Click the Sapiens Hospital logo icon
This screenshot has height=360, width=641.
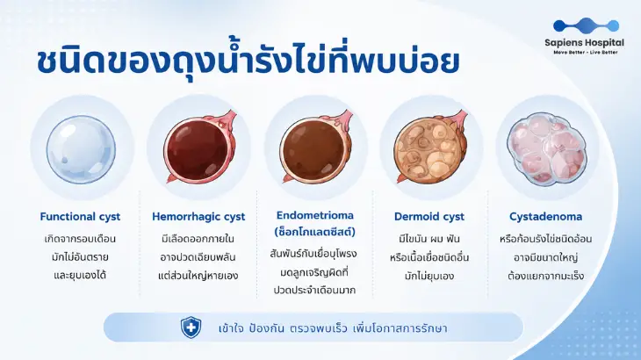point(586,25)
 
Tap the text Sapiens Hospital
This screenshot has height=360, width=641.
point(584,42)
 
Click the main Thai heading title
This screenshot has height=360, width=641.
point(248,61)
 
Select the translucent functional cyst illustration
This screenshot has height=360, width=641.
point(81,149)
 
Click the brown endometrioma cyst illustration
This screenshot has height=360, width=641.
point(315,149)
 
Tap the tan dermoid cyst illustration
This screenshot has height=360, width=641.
point(431,149)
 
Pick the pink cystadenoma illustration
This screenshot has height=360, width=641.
point(546,148)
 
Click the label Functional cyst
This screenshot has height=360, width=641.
point(80,217)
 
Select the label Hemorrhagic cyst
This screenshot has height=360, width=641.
point(198,217)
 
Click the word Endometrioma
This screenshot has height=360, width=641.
point(314,215)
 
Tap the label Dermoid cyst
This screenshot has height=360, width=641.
point(429,217)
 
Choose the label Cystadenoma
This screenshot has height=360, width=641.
point(546,217)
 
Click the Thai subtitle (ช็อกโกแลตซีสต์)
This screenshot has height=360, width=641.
point(314,232)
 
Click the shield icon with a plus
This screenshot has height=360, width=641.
point(191,328)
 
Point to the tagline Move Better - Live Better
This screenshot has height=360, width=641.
point(586,53)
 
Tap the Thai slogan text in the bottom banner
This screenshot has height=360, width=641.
point(333,328)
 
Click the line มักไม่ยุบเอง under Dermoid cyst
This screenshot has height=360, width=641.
point(429,276)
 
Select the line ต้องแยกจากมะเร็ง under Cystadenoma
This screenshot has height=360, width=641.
point(546,276)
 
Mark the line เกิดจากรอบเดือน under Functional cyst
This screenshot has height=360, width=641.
point(80,239)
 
